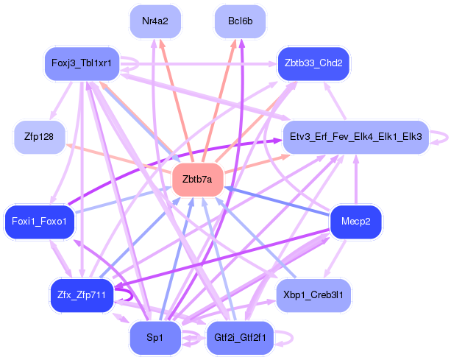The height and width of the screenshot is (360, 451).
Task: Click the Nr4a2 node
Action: point(155,21)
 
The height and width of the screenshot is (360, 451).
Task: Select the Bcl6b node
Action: point(241,21)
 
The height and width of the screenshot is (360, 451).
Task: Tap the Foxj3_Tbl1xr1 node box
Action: point(82,63)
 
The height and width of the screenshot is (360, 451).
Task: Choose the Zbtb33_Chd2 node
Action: point(313,63)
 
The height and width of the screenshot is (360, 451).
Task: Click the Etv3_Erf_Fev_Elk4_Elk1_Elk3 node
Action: point(355,136)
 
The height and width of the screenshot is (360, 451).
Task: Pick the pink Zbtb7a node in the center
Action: point(197,179)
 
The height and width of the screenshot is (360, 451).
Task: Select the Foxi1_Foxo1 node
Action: point(40,222)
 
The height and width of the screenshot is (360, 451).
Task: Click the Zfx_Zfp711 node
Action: point(81,295)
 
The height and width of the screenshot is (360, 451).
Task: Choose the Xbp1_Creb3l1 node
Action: point(313,294)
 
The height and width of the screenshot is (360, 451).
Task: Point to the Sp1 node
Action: point(155,337)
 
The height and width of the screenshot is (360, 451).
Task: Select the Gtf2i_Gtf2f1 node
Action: point(241,337)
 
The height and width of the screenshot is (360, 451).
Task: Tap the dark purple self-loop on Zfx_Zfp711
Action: point(131,295)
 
